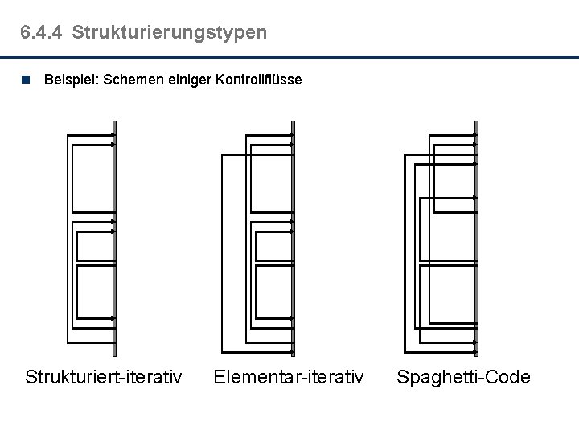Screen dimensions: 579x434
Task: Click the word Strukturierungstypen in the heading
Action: pos(169,33)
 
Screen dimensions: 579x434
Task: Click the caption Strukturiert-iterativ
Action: pos(103,376)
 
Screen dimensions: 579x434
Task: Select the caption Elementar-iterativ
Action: pos(288,376)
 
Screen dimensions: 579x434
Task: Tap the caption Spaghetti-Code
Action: pos(464,376)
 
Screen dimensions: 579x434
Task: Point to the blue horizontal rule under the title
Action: pos(289,58)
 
